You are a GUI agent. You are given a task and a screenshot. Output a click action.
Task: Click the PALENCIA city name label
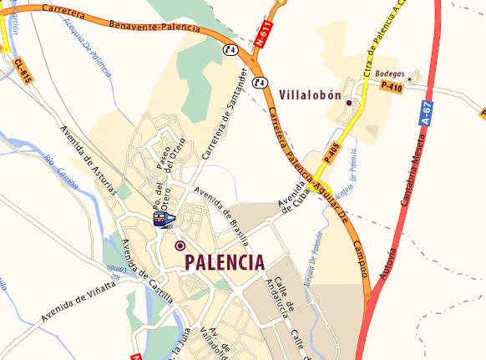(224, 261)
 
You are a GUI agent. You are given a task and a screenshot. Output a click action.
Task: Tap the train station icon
(163, 219)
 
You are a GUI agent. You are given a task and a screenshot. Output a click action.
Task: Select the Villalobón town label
(310, 95)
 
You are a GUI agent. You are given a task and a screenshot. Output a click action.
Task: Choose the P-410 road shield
(391, 85)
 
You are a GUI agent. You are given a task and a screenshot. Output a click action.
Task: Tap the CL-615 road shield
(23, 71)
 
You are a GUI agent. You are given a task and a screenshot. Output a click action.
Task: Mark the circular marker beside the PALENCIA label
(180, 246)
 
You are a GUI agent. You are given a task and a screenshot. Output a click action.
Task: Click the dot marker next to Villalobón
(349, 104)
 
